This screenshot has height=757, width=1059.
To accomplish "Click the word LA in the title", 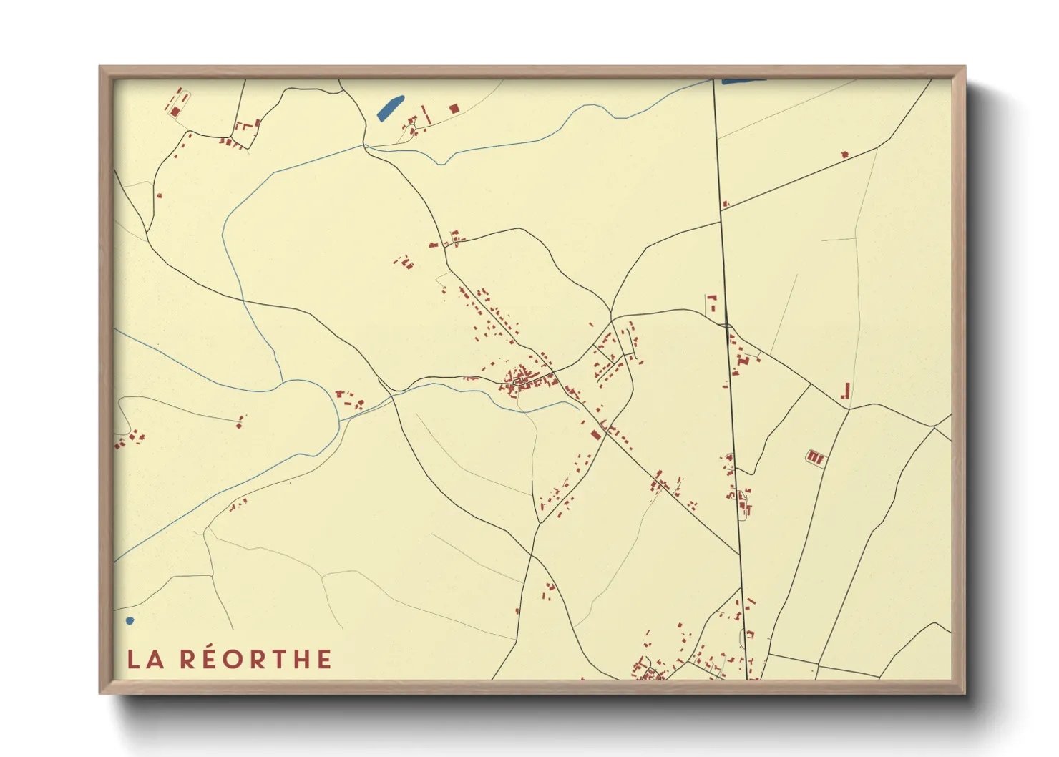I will [x=146, y=659].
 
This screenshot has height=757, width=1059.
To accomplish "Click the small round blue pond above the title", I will [x=130, y=620].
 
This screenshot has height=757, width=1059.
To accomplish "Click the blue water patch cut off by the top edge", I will [x=743, y=82].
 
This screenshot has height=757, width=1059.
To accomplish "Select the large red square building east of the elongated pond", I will [x=454, y=108].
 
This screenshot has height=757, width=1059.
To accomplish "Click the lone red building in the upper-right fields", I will [x=845, y=154].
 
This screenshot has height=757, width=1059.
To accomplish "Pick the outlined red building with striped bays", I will [x=816, y=456].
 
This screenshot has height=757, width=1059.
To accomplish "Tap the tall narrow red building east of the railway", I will [x=846, y=391].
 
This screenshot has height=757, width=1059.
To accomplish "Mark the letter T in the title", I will [x=280, y=659].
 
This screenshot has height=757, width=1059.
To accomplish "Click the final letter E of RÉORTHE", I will [x=324, y=659].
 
